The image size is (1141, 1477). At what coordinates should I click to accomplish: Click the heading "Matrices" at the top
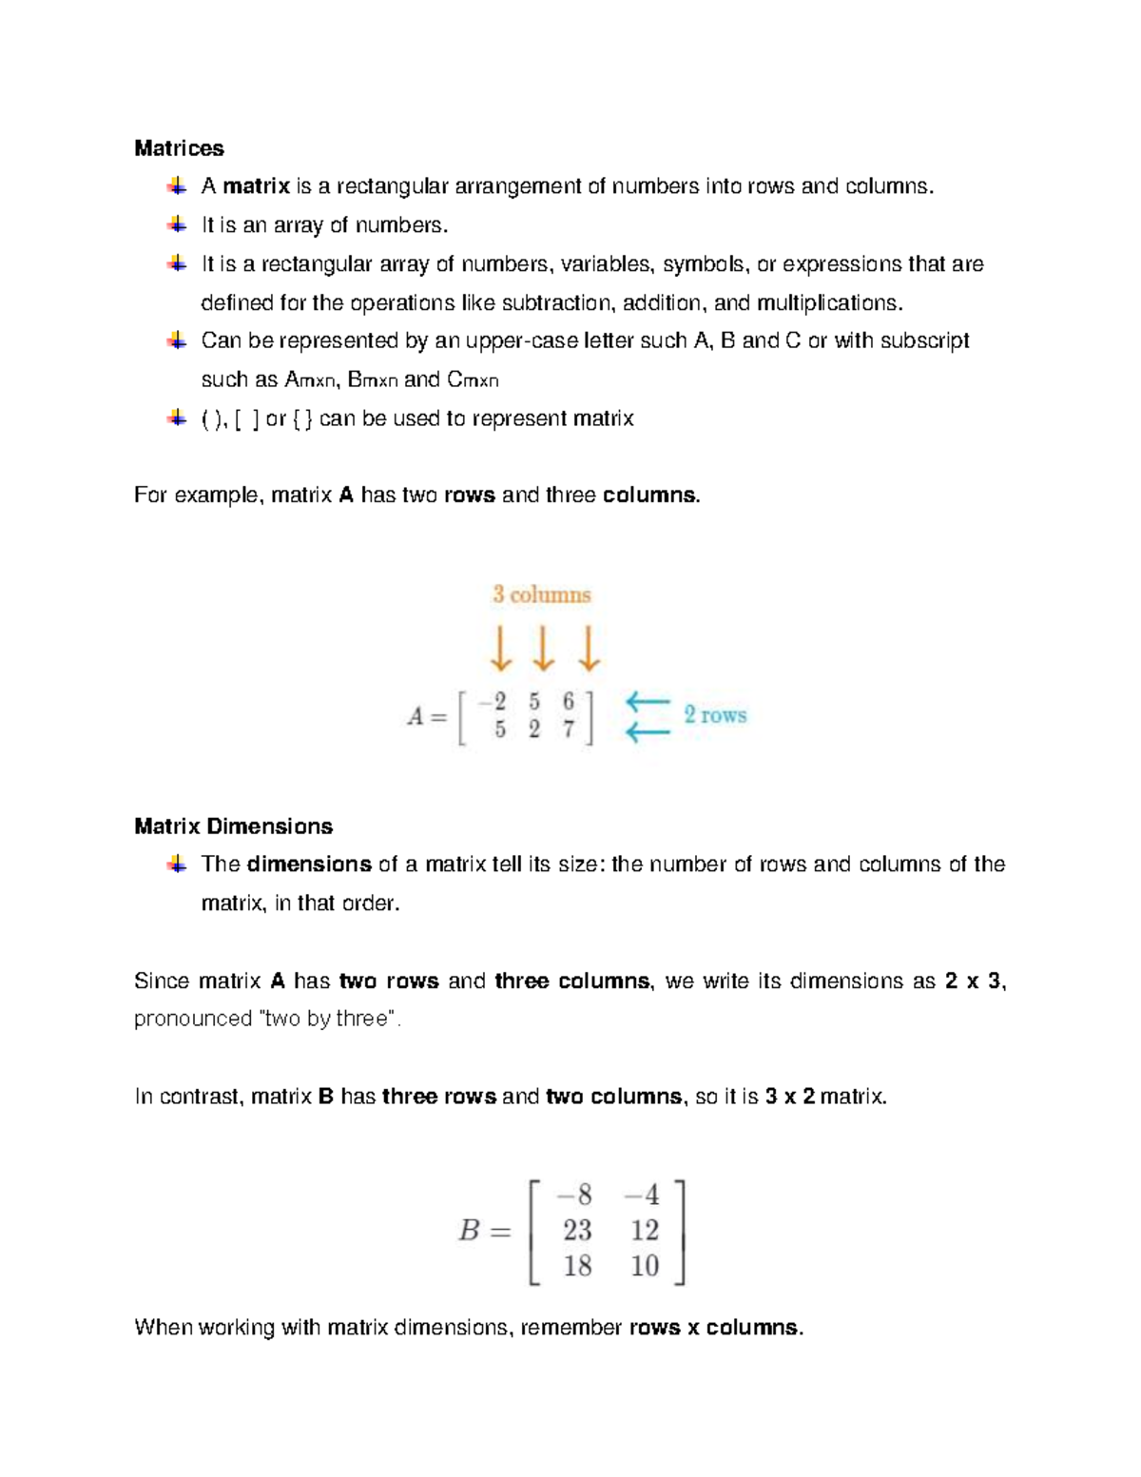pos(179,148)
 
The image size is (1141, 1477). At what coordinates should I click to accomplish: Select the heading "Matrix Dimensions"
pos(233,826)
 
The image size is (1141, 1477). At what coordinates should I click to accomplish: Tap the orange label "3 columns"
pos(541,595)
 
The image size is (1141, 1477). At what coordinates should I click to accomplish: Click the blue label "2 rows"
pos(715,715)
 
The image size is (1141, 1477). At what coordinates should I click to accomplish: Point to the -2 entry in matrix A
pos(493,702)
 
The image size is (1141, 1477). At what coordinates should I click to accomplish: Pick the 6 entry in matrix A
pos(569,702)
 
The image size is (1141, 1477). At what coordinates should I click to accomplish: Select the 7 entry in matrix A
pos(569,730)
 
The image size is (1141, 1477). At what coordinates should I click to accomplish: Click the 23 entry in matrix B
pos(577,1231)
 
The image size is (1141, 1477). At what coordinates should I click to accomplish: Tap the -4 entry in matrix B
pos(642,1195)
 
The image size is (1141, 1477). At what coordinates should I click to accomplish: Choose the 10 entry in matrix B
pos(644,1266)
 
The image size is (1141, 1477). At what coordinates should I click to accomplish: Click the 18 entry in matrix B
pos(577,1266)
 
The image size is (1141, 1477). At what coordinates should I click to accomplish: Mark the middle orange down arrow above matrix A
pos(543,649)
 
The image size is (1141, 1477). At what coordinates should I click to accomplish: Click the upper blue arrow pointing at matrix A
pos(648,703)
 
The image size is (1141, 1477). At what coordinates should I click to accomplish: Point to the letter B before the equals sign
pos(469,1232)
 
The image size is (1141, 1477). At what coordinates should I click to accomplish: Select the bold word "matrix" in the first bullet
pos(256,186)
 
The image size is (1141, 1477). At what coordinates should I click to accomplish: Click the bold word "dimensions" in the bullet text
pos(308,865)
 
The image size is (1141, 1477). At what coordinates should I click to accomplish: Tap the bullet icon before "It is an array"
pos(177,225)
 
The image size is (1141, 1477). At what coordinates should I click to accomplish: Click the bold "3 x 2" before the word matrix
pos(789,1097)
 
